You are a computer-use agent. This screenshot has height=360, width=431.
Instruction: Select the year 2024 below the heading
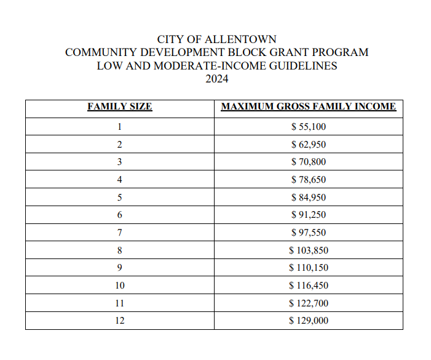pos(216,79)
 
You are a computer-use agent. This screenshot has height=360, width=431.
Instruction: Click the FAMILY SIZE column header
pos(120,106)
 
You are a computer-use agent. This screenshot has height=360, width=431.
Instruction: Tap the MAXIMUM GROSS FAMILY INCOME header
pos(308,106)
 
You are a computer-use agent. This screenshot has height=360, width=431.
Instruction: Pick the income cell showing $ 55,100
pos(308,127)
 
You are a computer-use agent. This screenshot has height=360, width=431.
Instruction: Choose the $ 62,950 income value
pos(308,145)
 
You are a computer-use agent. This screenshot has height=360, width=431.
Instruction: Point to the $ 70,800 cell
pos(308,162)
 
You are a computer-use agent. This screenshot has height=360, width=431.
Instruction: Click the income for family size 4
pos(308,180)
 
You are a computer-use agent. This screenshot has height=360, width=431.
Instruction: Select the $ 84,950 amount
pos(308,198)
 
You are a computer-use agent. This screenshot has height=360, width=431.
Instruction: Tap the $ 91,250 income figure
pos(308,215)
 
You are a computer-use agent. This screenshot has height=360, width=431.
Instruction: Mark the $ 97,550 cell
pos(308,233)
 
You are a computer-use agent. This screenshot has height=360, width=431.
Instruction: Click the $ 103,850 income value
pos(308,250)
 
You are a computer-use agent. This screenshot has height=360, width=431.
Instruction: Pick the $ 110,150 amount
pos(308,268)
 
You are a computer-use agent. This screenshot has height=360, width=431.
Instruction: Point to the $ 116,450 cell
pos(308,286)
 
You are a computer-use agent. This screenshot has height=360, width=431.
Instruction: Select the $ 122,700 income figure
pos(308,303)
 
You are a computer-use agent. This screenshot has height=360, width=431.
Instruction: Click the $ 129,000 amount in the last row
pos(308,320)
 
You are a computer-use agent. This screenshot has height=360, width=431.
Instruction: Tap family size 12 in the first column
pos(120,320)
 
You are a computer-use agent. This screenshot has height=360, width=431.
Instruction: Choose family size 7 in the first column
pos(120,233)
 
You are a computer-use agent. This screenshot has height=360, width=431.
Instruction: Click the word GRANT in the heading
pos(275,52)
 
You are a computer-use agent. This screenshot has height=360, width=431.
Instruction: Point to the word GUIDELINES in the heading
pos(302,66)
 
